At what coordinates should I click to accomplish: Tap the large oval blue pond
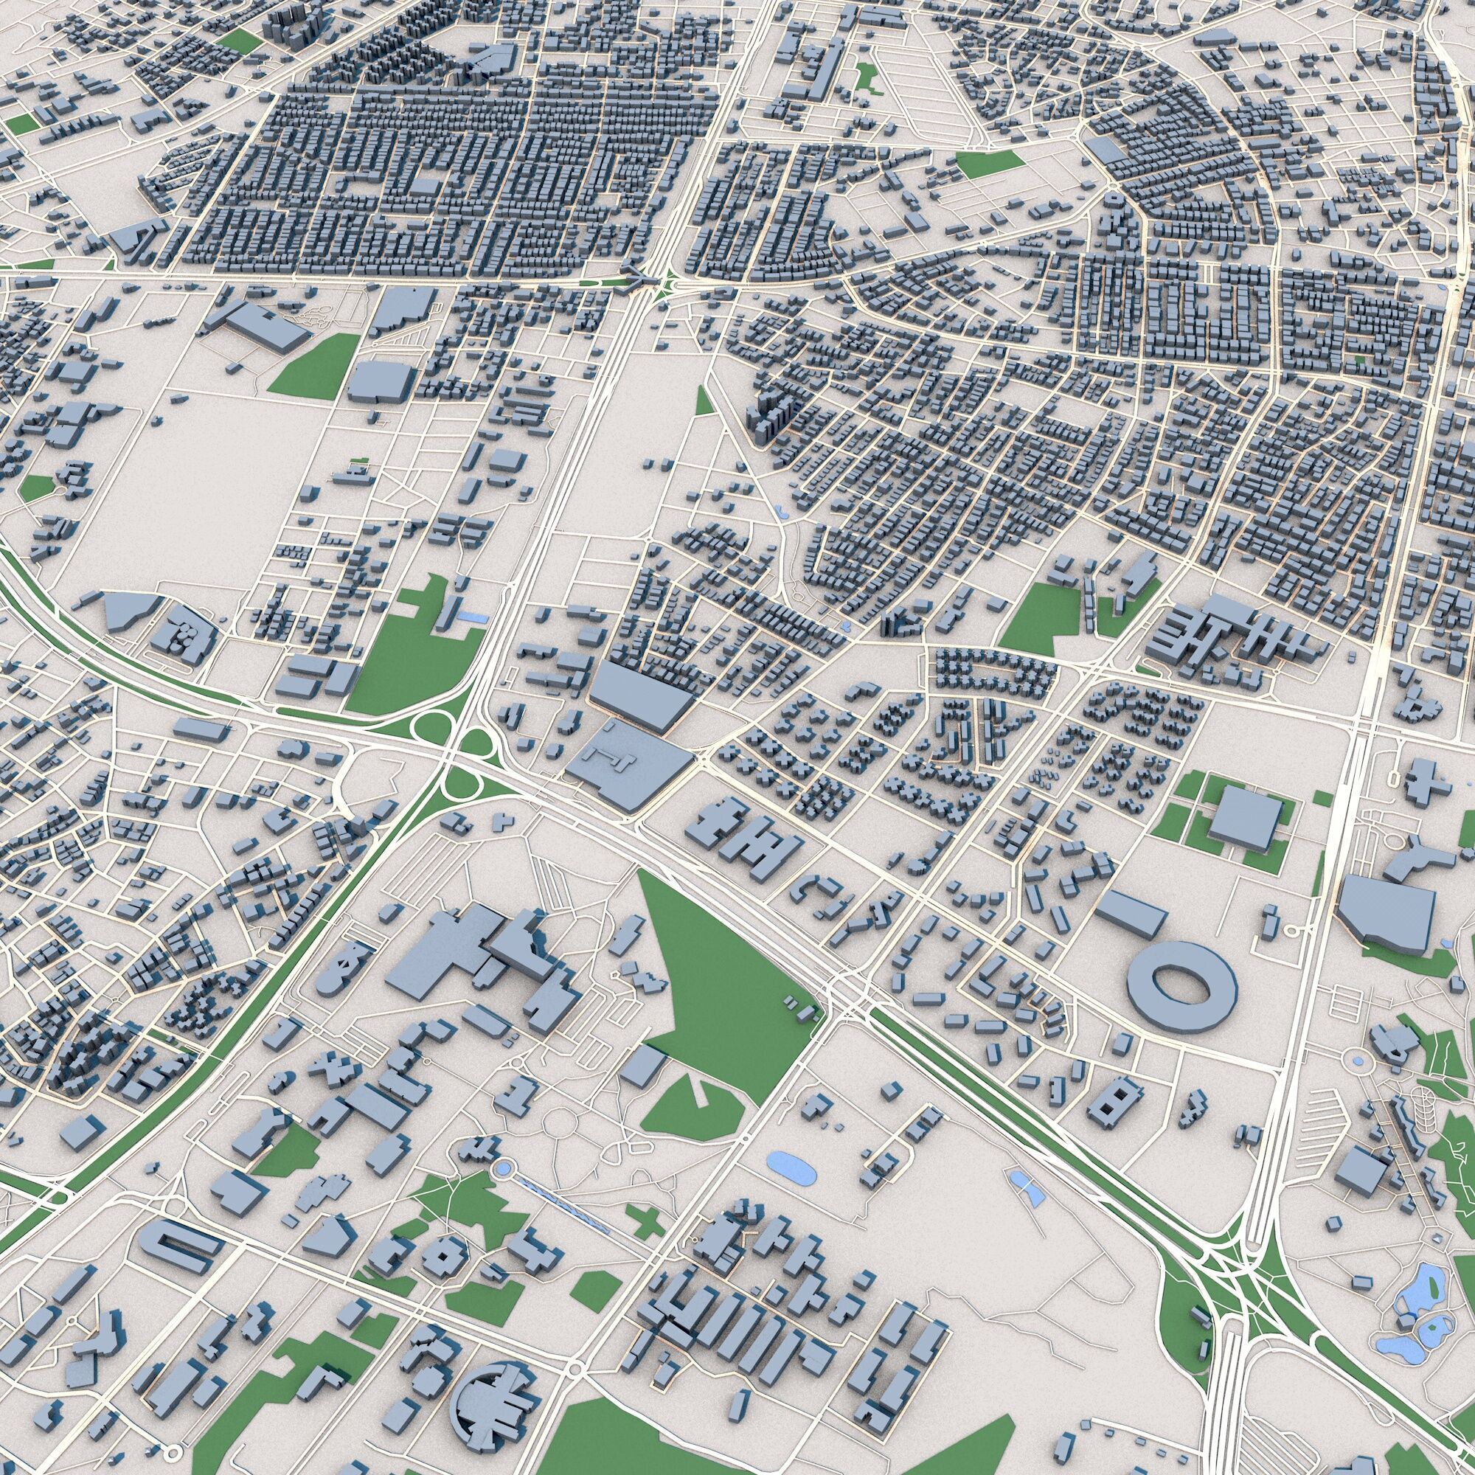(x=789, y=1168)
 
